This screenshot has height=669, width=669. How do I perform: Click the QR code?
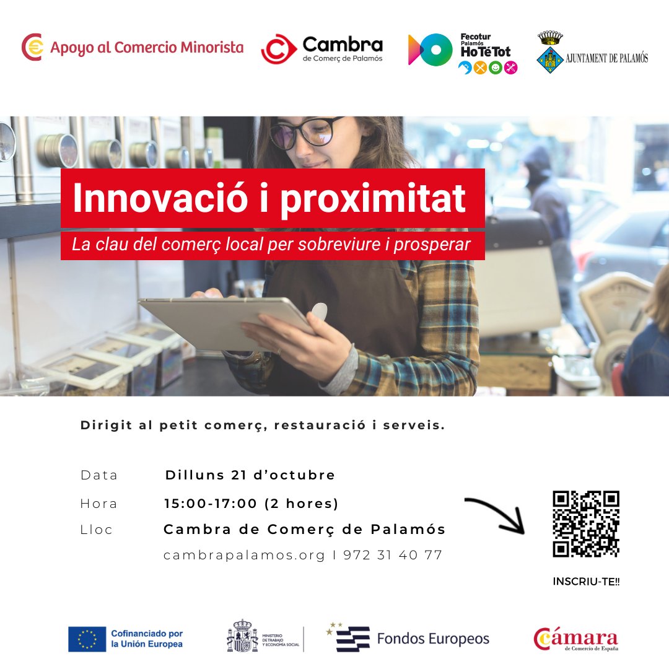point(585,523)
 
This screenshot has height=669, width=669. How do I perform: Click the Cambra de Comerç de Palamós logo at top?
point(322,49)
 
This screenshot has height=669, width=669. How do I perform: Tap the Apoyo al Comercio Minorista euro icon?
point(32,47)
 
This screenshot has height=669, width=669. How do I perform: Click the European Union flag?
point(87,639)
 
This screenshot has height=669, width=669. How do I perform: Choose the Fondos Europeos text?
point(433,639)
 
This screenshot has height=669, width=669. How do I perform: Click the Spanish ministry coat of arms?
point(242,636)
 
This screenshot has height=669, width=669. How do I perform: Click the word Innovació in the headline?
point(155,198)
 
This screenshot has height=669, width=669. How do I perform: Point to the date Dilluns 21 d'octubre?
point(250,475)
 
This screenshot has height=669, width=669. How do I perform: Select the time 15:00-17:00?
point(211,504)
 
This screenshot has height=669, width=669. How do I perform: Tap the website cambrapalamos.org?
point(244,555)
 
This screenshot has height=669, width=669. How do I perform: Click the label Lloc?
point(97,530)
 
